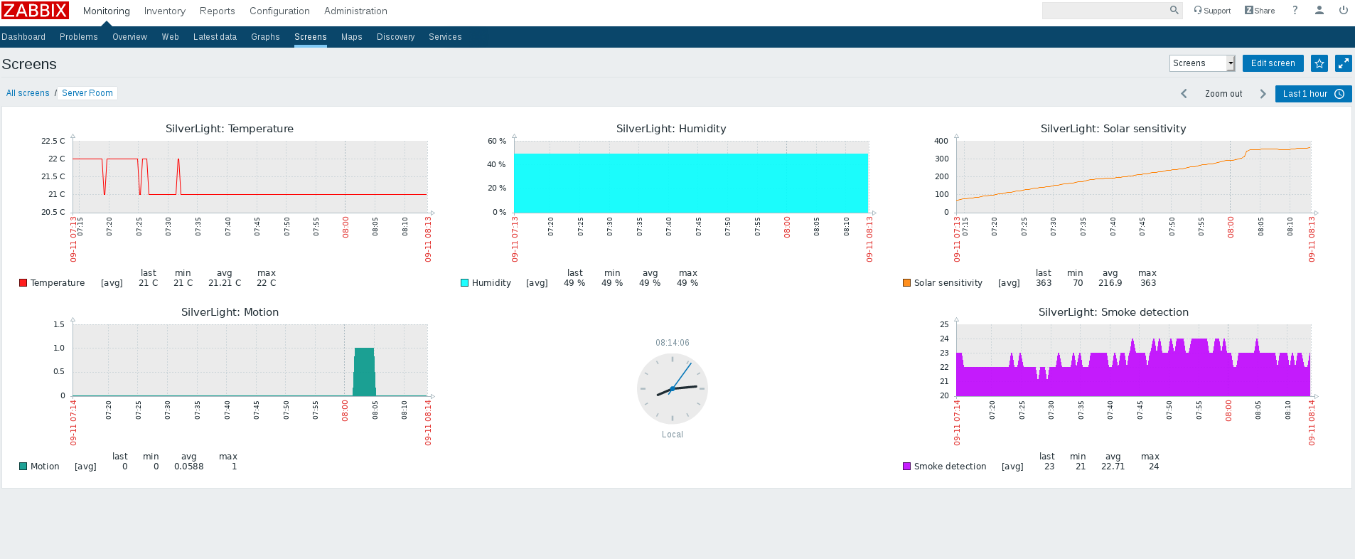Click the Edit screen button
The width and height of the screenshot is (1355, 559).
(1273, 63)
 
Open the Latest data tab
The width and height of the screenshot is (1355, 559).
(215, 37)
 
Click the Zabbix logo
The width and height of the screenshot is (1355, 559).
(35, 11)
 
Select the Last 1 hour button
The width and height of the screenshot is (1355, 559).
(1312, 94)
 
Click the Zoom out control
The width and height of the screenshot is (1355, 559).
(1223, 94)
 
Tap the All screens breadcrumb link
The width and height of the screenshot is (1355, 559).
(28, 93)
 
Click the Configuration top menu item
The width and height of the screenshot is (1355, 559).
(279, 11)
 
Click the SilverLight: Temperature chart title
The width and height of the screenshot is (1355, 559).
(229, 129)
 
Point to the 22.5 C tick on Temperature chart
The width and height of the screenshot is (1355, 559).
(53, 141)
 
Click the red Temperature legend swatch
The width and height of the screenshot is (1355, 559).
(23, 283)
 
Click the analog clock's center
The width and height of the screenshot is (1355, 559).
(672, 389)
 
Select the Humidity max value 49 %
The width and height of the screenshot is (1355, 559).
(687, 283)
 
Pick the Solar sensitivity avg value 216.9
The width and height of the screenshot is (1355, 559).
(1110, 283)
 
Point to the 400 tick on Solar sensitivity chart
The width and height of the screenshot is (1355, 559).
(941, 141)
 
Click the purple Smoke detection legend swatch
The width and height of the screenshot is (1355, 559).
(906, 467)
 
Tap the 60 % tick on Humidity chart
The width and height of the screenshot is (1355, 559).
(496, 141)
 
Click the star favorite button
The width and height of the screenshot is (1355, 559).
(1319, 63)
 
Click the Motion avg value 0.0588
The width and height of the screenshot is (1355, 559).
(188, 467)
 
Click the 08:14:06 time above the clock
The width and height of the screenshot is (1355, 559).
(672, 343)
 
